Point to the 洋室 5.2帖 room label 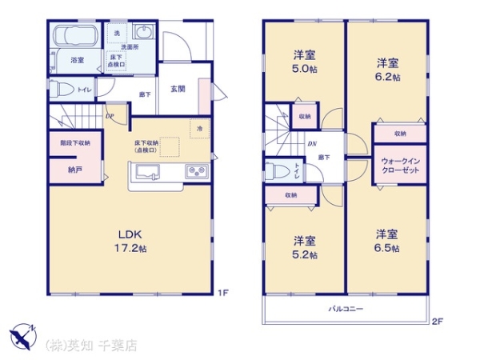coord(304,247)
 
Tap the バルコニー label coord(345,309)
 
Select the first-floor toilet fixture coord(62,90)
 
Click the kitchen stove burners coord(196,170)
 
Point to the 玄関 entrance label coord(178,89)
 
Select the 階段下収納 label coord(75,143)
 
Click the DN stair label coord(311,143)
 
